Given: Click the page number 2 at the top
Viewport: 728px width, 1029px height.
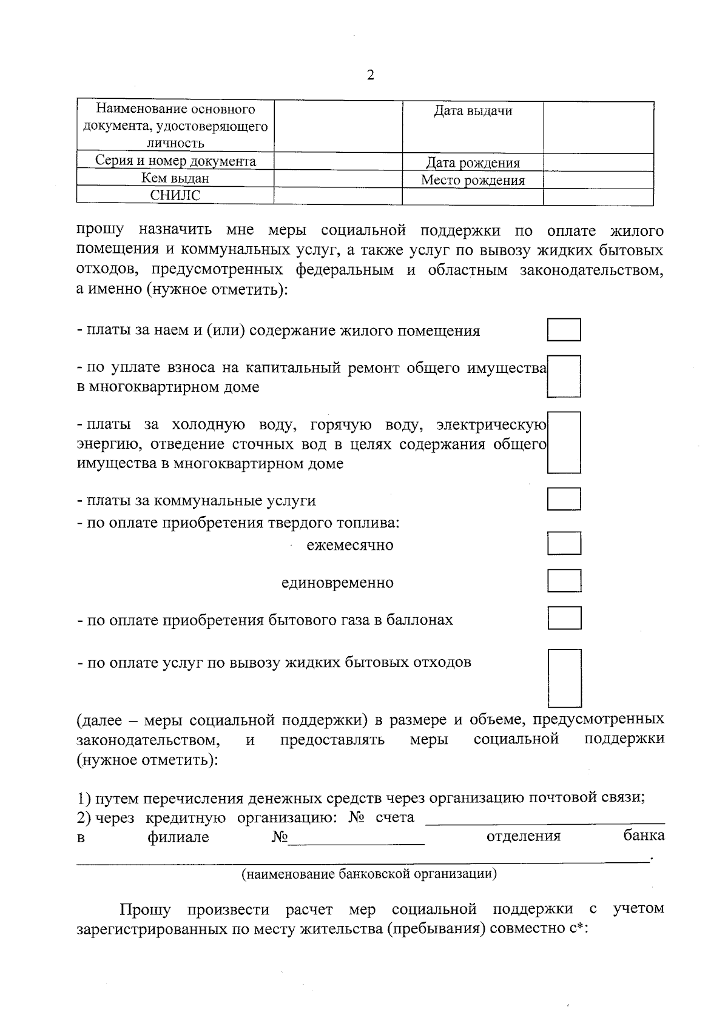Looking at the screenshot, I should pos(370,75).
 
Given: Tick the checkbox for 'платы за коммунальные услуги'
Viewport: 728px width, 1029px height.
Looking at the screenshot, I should pos(564,499).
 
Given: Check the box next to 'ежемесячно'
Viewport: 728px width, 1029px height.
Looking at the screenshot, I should pos(564,543).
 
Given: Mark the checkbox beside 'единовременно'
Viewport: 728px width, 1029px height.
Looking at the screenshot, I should pos(564,580).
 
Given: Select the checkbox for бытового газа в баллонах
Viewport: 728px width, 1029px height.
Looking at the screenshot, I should pos(564,618).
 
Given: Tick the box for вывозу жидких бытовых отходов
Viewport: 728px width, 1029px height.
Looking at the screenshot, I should pos(564,678).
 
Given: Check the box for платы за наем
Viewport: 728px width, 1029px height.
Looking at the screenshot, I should pos(564,330).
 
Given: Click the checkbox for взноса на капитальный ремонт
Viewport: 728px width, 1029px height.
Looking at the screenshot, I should pos(564,376).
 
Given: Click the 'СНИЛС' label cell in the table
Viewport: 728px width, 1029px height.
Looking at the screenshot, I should pos(175,196).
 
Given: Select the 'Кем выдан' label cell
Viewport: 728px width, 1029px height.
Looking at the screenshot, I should pos(175,179).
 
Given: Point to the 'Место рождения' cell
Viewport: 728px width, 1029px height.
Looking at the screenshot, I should pos(473,180).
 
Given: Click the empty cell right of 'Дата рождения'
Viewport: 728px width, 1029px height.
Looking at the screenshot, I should pos(598,162).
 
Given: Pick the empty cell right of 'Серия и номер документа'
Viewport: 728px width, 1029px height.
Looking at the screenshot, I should pos(338,161).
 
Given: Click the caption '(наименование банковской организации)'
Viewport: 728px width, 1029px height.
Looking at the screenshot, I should pos(369,874).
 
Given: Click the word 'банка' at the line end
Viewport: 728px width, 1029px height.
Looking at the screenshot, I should pos(644,836).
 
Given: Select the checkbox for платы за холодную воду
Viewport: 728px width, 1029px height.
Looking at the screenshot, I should pos(564,443).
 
